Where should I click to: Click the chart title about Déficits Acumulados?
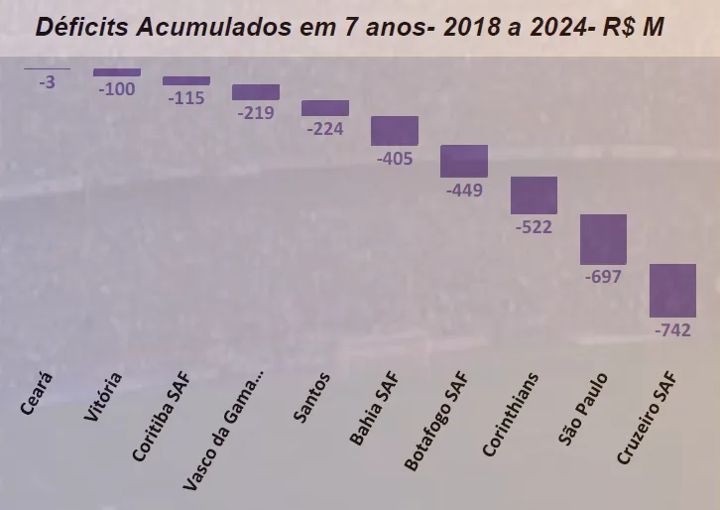click(349, 27)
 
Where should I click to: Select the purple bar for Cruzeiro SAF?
click(672, 290)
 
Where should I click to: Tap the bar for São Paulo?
click(603, 239)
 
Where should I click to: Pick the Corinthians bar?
click(534, 195)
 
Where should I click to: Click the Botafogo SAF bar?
click(464, 161)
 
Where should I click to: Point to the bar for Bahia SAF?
click(395, 131)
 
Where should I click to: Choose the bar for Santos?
click(325, 108)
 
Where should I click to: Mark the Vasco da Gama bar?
click(256, 92)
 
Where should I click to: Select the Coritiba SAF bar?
click(186, 80)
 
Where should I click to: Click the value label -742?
click(672, 331)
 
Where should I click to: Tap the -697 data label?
click(603, 277)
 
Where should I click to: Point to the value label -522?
click(534, 227)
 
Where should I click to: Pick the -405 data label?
click(395, 158)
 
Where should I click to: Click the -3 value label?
click(47, 82)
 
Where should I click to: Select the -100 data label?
click(117, 89)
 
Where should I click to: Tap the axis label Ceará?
click(38, 394)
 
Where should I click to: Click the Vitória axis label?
click(104, 397)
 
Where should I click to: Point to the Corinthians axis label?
click(512, 415)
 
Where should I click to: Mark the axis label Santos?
click(313, 397)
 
